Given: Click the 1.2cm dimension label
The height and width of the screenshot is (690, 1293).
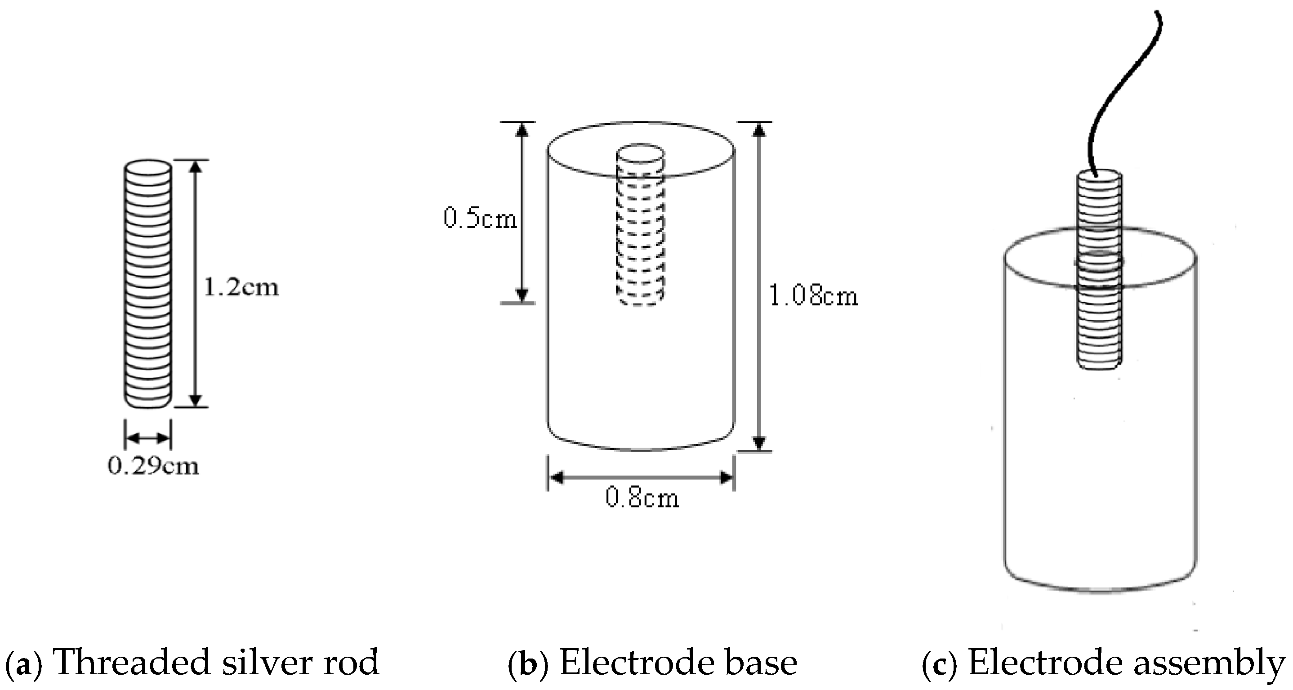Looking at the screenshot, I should [241, 287].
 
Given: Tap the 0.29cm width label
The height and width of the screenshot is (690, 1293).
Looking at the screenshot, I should [153, 466].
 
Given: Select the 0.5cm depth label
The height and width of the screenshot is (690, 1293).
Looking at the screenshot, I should [480, 219].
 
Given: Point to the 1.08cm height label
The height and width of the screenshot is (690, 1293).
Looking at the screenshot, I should [813, 296].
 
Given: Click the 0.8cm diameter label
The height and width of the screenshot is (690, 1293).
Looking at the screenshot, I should [642, 498].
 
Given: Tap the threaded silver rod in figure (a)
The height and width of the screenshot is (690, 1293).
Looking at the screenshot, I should [147, 284].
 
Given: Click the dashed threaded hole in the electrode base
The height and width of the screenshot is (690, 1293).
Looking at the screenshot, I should [641, 236].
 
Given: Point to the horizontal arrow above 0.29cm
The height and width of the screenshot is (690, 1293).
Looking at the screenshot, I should [147, 438].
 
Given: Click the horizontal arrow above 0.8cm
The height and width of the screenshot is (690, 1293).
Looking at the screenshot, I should [642, 477].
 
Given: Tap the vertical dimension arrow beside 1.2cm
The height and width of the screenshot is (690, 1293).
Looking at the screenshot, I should [196, 284].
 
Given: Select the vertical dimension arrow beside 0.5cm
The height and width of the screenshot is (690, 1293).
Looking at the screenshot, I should [522, 213].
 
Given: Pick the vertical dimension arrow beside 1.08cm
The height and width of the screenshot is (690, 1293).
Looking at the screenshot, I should [759, 287].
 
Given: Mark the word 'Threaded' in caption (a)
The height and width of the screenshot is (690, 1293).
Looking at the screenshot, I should [130, 663].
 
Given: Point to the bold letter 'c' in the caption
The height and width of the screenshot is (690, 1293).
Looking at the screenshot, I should [940, 664].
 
